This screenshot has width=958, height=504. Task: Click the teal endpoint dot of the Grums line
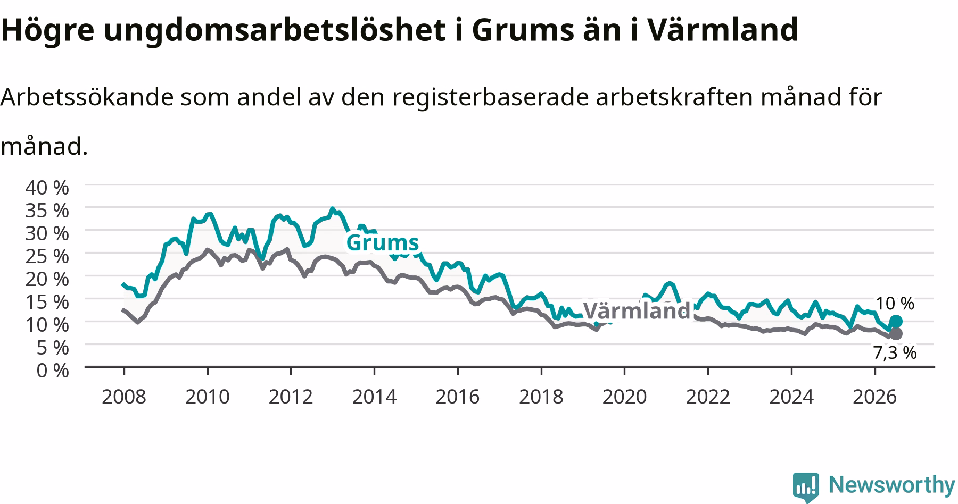click(896, 321)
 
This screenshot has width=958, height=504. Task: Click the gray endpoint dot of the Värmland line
click(896, 334)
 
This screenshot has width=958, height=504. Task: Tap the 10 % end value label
click(895, 304)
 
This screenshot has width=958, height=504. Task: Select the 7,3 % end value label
click(895, 352)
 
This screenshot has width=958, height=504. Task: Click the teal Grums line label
click(383, 243)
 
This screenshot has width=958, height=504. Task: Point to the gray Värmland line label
click(637, 310)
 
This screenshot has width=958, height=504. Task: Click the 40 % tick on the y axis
click(47, 187)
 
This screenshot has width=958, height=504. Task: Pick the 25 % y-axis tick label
click(47, 256)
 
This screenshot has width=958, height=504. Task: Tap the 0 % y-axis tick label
click(53, 370)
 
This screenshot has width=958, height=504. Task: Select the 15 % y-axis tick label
click(47, 301)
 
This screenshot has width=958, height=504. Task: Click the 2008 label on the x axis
click(124, 397)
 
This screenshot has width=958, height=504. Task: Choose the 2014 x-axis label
click(374, 397)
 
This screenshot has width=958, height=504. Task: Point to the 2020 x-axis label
click(624, 397)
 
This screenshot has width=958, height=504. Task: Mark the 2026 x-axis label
click(874, 397)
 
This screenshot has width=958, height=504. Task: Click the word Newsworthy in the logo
click(892, 485)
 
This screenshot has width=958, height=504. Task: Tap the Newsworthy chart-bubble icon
click(806, 486)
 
